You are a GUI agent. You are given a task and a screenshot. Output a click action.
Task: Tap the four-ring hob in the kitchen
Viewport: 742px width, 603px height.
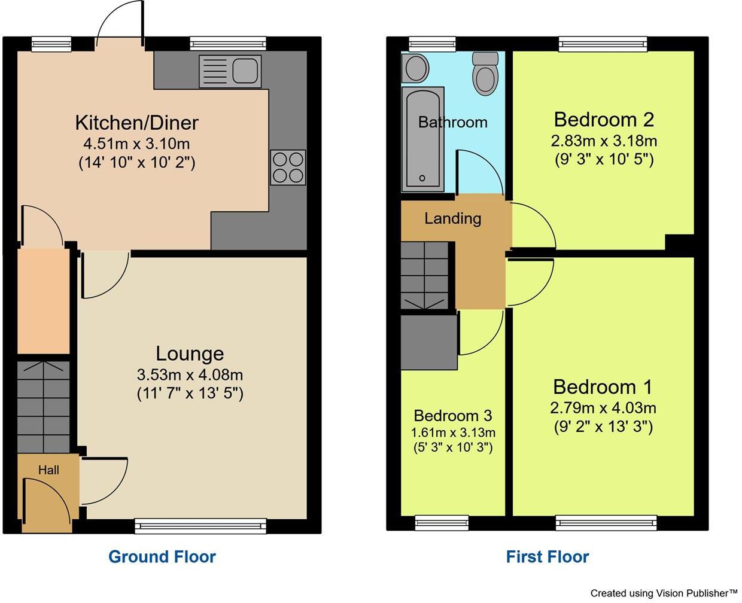tap(288, 167)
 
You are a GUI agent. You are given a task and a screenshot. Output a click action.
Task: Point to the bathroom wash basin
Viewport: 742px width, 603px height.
tap(415, 68)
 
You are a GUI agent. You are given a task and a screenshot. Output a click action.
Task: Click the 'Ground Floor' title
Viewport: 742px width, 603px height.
tap(162, 557)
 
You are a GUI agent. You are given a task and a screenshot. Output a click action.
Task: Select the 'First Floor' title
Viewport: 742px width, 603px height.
tap(547, 557)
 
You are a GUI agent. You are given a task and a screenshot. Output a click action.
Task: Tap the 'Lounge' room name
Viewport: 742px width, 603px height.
tap(190, 354)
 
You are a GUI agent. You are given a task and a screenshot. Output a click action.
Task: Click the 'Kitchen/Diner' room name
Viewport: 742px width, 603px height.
tap(136, 123)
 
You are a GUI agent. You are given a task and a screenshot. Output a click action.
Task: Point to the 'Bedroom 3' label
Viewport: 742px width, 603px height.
tap(452, 416)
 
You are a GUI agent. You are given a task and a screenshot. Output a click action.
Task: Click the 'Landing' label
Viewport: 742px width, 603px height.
tap(452, 218)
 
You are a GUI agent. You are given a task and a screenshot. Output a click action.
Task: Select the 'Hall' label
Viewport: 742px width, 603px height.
tap(48, 470)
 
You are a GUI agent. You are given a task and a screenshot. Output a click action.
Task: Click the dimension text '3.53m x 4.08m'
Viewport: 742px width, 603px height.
tap(190, 375)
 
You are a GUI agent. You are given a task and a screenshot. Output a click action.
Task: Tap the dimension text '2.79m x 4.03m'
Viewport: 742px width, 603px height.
tap(603, 408)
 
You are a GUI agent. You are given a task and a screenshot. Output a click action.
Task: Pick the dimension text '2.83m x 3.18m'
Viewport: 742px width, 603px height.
tap(603, 141)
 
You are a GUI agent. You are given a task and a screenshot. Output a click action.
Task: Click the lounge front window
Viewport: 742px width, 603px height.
tap(200, 525)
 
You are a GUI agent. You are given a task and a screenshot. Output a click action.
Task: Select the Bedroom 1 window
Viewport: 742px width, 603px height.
tap(606, 523)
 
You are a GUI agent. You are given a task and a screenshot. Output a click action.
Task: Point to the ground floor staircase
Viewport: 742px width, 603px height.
tap(43, 407)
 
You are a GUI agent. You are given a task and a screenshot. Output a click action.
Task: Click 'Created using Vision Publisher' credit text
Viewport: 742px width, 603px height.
tap(664, 593)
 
